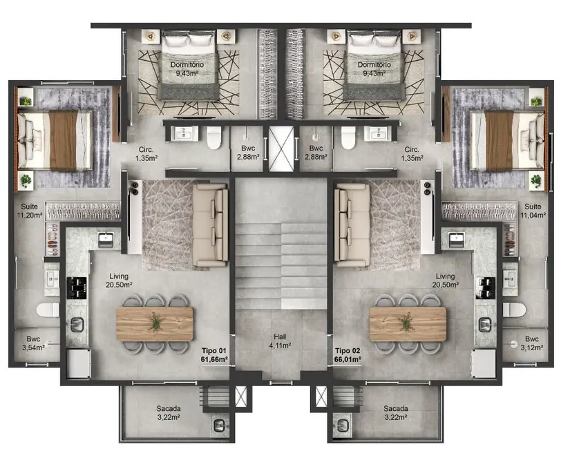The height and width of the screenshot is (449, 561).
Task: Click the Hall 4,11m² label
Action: coord(280,341)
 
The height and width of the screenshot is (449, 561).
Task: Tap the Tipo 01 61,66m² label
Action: coord(214,355)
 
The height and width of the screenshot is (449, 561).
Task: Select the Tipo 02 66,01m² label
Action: coord(348,355)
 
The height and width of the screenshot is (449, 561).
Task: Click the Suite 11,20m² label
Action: coord(30,211)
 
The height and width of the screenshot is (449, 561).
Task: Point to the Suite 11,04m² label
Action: coord(533,211)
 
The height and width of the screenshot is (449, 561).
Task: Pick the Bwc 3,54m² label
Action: coord(33,343)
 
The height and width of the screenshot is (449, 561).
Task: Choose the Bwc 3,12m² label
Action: coord(532,343)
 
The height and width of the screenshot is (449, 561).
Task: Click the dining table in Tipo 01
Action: coord(155,323)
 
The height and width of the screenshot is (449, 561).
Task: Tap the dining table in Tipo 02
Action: coord(408,323)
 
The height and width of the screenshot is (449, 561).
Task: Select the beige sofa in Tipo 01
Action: coord(210,224)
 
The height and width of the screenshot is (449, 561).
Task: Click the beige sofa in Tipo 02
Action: coord(352,224)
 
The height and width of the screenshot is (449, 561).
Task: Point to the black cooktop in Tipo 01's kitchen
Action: coord(77,287)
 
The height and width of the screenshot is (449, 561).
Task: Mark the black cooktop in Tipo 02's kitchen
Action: coord(486,287)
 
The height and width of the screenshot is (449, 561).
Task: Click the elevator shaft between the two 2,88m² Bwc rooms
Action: coord(281,149)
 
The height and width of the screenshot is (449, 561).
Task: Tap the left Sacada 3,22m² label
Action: coord(169,412)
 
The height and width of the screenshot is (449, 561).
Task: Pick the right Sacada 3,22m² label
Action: coord(396,412)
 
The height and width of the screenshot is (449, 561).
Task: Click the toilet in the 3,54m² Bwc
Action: coord(48,310)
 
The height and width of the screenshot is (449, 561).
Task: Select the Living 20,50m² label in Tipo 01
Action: coord(119,280)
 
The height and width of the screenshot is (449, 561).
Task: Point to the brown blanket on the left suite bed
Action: coord(64,140)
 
